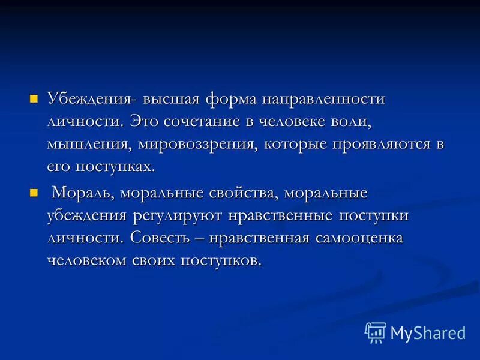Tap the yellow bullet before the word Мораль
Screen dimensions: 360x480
pos(34,193)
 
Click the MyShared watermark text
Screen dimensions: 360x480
pos(428,332)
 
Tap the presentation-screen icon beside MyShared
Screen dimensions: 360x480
pos(375,332)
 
